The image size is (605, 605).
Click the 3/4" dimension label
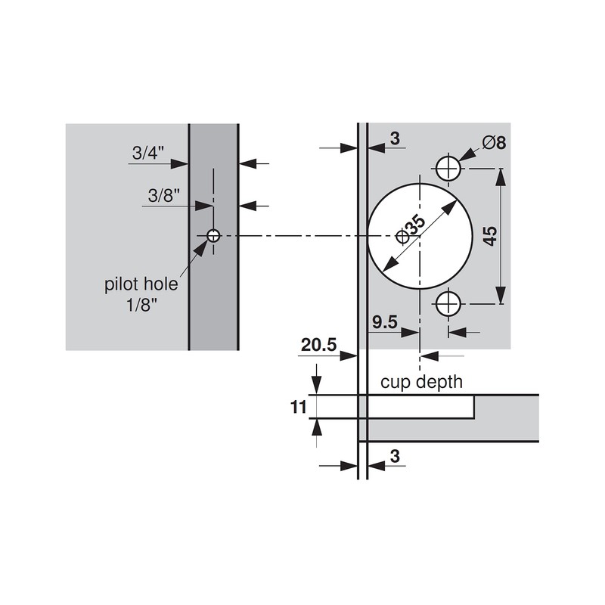coord(148,153)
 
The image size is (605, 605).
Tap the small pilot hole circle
coord(213,236)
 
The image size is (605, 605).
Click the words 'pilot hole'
coord(141,285)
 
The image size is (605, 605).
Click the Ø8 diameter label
coord(492,141)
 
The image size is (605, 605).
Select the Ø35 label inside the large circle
coord(411,228)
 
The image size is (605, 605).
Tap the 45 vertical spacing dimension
coord(490,236)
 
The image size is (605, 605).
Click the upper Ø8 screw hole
coord(449,168)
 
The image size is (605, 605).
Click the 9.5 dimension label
coord(384,323)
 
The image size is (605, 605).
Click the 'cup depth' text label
coord(421,382)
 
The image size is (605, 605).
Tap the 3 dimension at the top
coord(395,138)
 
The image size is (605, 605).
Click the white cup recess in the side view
coord(420,406)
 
